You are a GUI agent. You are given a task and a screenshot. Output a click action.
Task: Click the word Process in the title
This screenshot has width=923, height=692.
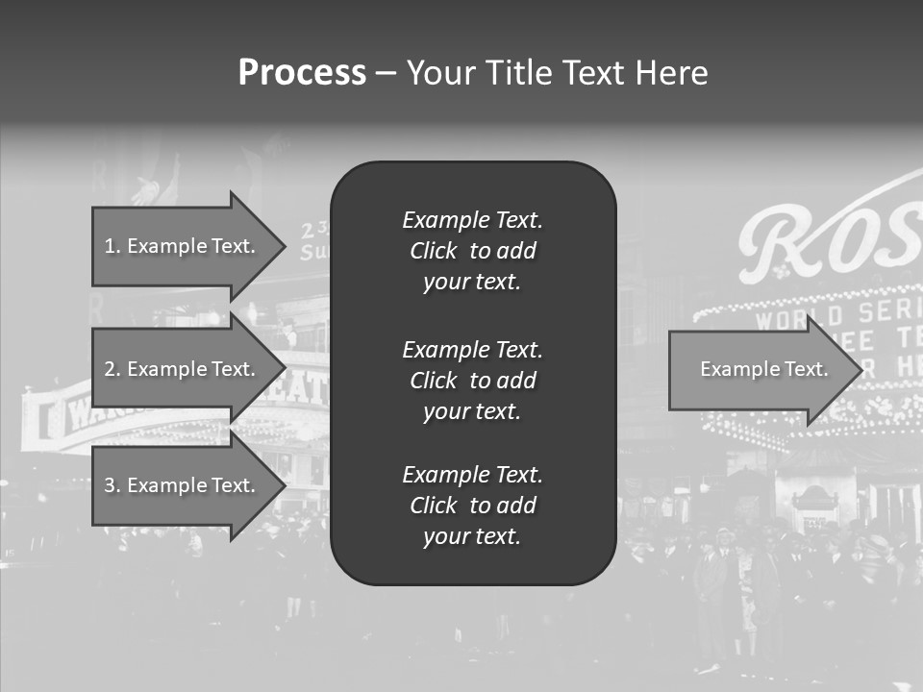click(302, 73)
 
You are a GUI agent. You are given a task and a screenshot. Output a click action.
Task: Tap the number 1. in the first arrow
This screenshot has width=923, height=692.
click(112, 246)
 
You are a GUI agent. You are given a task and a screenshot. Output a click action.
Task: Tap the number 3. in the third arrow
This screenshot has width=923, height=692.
click(112, 485)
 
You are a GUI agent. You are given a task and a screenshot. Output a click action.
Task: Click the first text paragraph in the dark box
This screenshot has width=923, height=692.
click(472, 251)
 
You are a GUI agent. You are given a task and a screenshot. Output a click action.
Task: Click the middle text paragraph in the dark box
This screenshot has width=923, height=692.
click(472, 381)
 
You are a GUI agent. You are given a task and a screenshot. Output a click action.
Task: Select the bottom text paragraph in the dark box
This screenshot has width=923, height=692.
click(472, 506)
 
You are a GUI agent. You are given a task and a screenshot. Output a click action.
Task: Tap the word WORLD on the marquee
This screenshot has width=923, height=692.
click(786, 318)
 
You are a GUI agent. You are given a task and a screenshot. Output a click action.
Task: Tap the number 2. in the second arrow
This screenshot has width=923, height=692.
click(112, 369)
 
